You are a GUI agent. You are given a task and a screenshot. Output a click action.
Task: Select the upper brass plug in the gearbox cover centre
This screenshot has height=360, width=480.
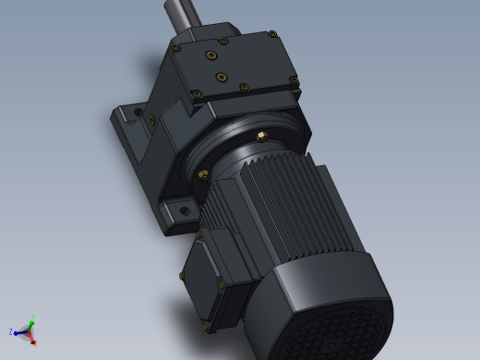214,56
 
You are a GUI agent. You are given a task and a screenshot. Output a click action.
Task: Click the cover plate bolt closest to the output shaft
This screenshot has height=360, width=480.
175,44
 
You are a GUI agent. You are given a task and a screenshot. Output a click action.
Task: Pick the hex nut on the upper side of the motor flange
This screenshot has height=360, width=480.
261,136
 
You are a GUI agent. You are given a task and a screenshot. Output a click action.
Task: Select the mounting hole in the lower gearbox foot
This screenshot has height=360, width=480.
184,211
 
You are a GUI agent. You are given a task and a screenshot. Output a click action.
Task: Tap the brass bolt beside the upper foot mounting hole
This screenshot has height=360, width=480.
150,119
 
